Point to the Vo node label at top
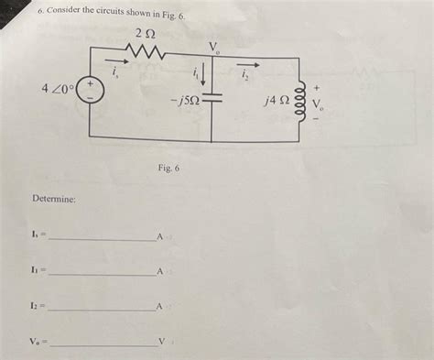[214, 47]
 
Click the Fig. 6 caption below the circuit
[168, 169]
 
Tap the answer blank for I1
[101, 273]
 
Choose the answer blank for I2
[101, 308]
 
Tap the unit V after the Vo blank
[161, 344]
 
